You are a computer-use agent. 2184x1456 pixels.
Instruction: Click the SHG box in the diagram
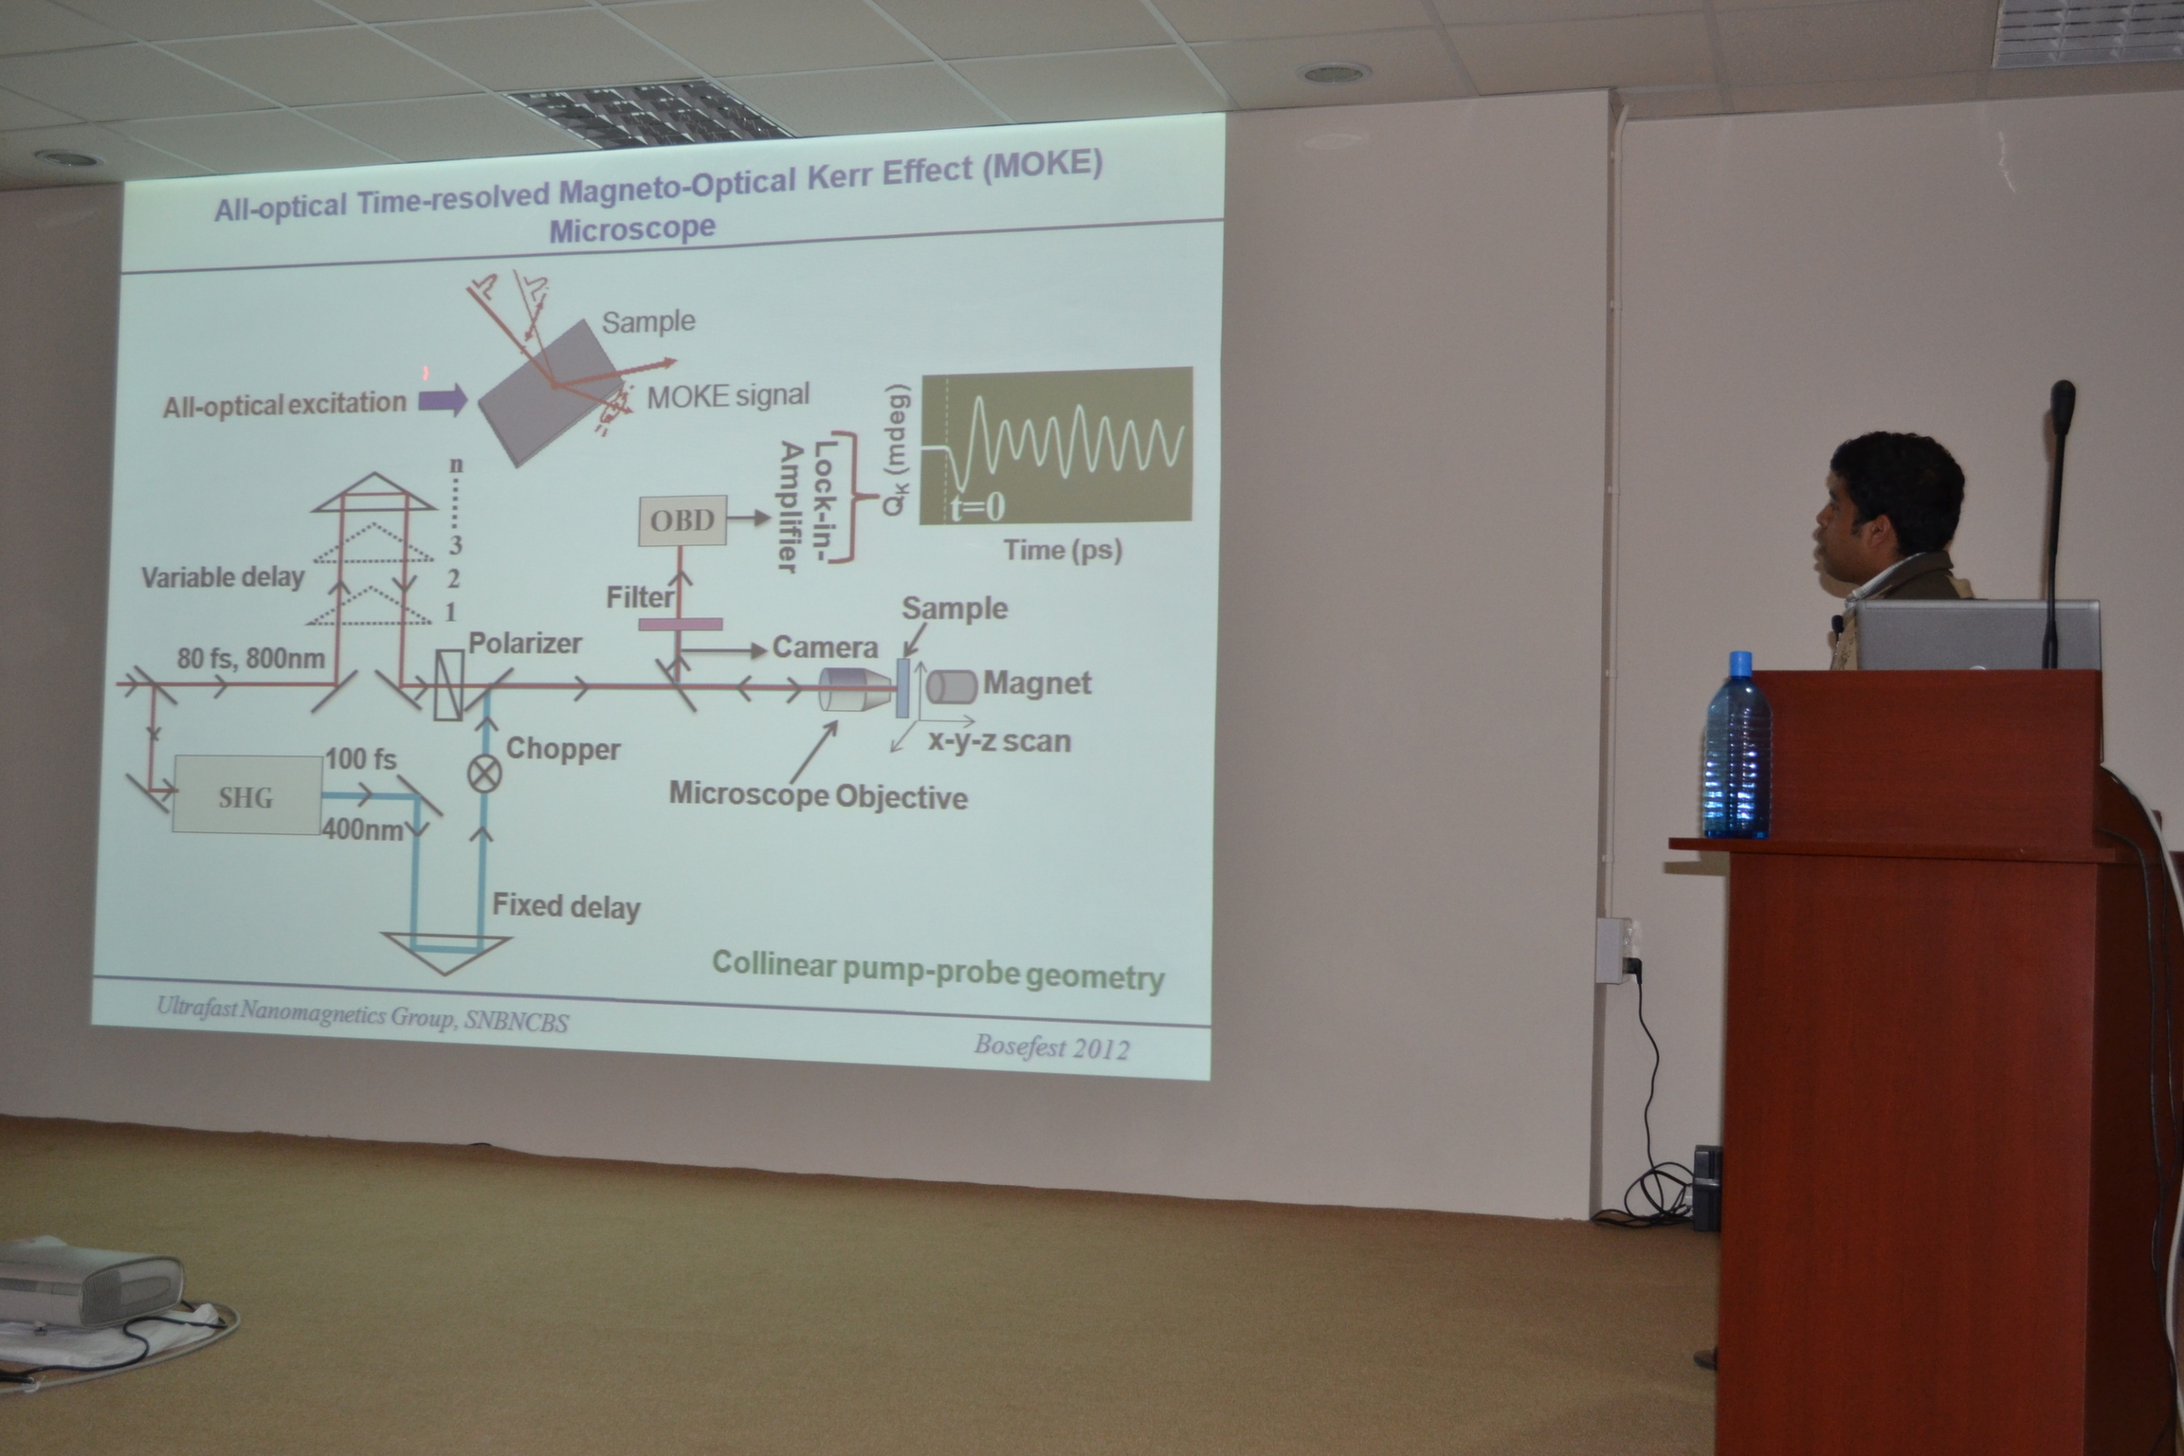[246, 793]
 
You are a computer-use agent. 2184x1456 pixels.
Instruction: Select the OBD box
[682, 519]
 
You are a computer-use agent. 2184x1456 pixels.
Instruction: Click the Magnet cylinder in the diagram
[951, 685]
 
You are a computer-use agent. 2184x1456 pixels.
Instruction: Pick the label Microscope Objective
[818, 794]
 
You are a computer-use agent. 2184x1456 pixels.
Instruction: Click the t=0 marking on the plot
[977, 508]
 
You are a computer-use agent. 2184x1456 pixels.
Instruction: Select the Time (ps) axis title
[1063, 550]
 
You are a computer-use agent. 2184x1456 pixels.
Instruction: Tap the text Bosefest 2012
[1051, 1046]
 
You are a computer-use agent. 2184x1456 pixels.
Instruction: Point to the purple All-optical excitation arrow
[444, 399]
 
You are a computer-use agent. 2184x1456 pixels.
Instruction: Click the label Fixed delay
[566, 906]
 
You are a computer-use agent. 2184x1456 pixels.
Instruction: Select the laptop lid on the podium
[1976, 634]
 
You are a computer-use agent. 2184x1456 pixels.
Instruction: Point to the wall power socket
[1611, 950]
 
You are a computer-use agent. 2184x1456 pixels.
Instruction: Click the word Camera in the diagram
[825, 647]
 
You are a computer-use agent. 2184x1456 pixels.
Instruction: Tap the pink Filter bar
[680, 624]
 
